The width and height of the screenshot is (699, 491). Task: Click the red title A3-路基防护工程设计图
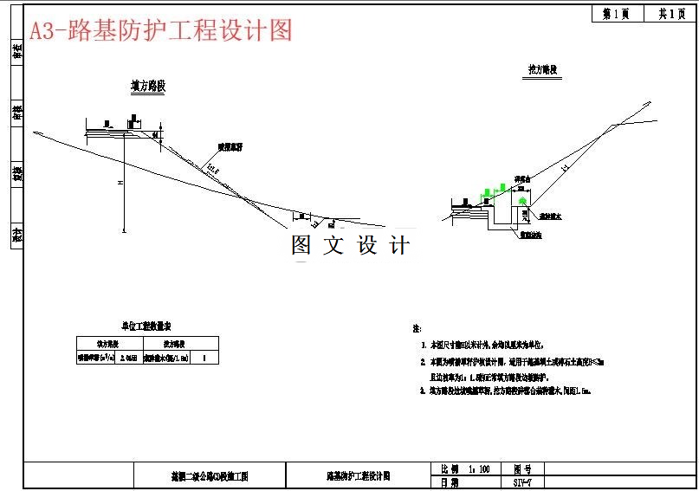click(161, 30)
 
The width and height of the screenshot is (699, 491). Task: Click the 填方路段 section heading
click(148, 87)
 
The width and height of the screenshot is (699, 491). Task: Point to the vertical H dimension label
click(121, 184)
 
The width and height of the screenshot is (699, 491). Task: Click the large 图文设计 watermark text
click(350, 245)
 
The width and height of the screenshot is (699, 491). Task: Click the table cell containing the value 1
click(204, 356)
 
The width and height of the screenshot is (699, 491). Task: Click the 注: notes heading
click(417, 329)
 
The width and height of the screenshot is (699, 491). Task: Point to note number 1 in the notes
click(424, 345)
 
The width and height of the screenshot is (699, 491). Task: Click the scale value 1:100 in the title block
click(479, 468)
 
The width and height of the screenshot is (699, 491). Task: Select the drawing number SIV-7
click(522, 481)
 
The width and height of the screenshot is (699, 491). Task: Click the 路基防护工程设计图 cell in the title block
click(358, 475)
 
